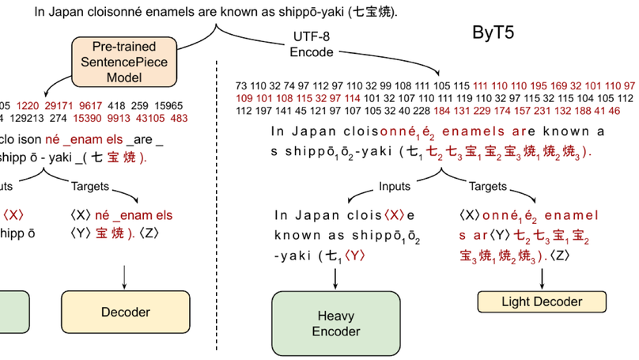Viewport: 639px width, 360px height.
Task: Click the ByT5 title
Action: [x=494, y=33]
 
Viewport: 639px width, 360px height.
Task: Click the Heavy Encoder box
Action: [x=335, y=324]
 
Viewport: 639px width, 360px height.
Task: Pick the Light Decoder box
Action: [x=542, y=301]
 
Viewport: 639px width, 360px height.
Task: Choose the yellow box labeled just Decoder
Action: [x=125, y=313]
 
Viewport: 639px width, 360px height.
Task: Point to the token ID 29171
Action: [x=61, y=105]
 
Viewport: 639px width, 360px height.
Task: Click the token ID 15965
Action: [x=166, y=105]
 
